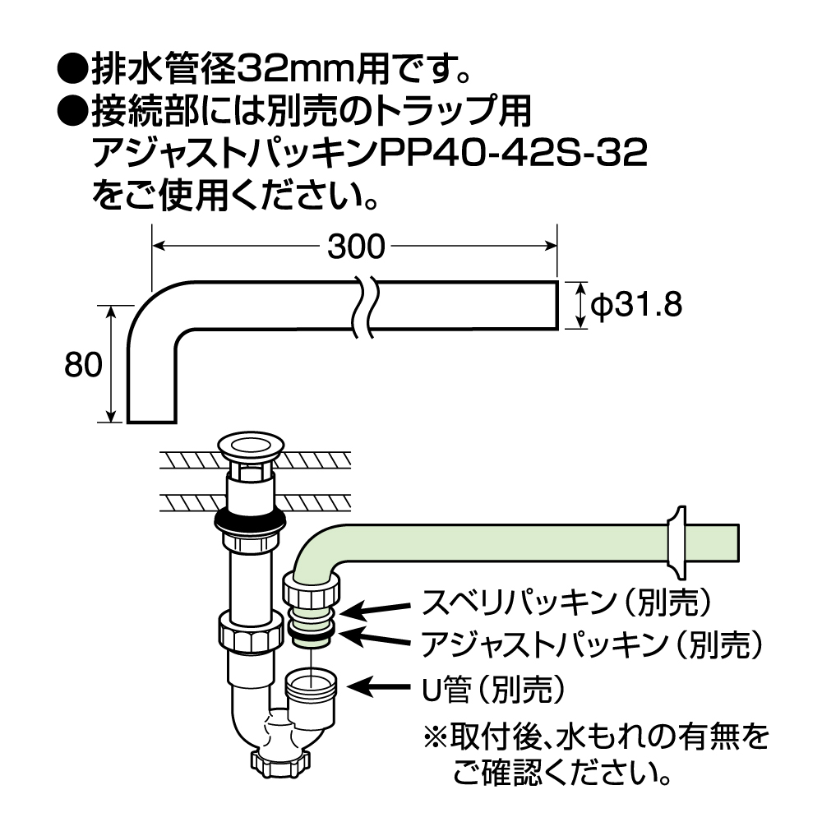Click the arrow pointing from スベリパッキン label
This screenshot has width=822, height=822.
(375, 609)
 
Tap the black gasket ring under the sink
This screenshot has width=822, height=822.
(249, 520)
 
